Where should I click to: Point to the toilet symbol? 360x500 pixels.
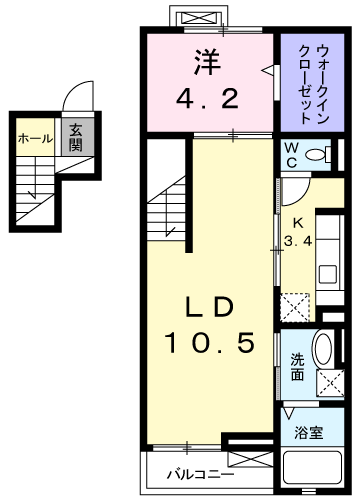(x=317, y=155)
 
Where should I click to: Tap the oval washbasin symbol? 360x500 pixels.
(x=324, y=353)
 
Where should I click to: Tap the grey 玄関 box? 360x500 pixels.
(x=76, y=137)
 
